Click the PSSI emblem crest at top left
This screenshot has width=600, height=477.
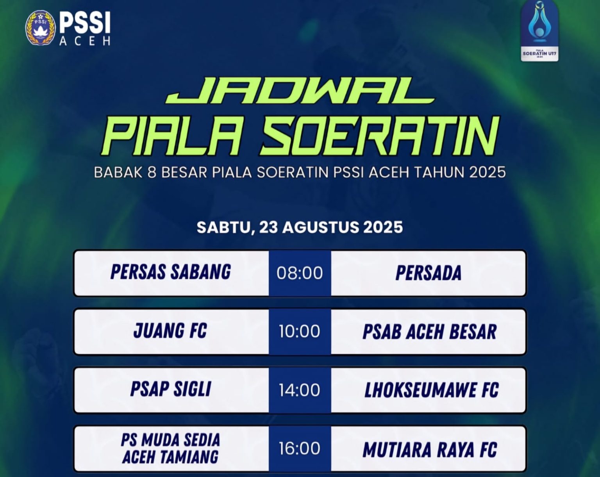coord(40,28)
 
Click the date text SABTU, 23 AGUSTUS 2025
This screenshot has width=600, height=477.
coord(300,227)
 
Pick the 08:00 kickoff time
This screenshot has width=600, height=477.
coord(300,273)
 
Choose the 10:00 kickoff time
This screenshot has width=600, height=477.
coord(300,331)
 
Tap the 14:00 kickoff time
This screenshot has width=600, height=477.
coord(300,390)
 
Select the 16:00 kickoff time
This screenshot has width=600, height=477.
coord(300,448)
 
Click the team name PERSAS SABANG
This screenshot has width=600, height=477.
coord(171,272)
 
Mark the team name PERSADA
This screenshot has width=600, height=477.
coord(429,273)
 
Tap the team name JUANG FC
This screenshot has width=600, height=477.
coord(170,331)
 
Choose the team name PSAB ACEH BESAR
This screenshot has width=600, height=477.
coord(430,332)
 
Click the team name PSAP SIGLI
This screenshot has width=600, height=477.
coord(171,389)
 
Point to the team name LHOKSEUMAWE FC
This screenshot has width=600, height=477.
coord(432,390)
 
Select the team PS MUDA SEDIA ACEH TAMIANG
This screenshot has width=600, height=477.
coord(171,448)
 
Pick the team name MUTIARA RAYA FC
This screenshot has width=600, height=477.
coord(430,450)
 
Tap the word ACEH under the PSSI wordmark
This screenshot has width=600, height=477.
coord(85,41)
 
